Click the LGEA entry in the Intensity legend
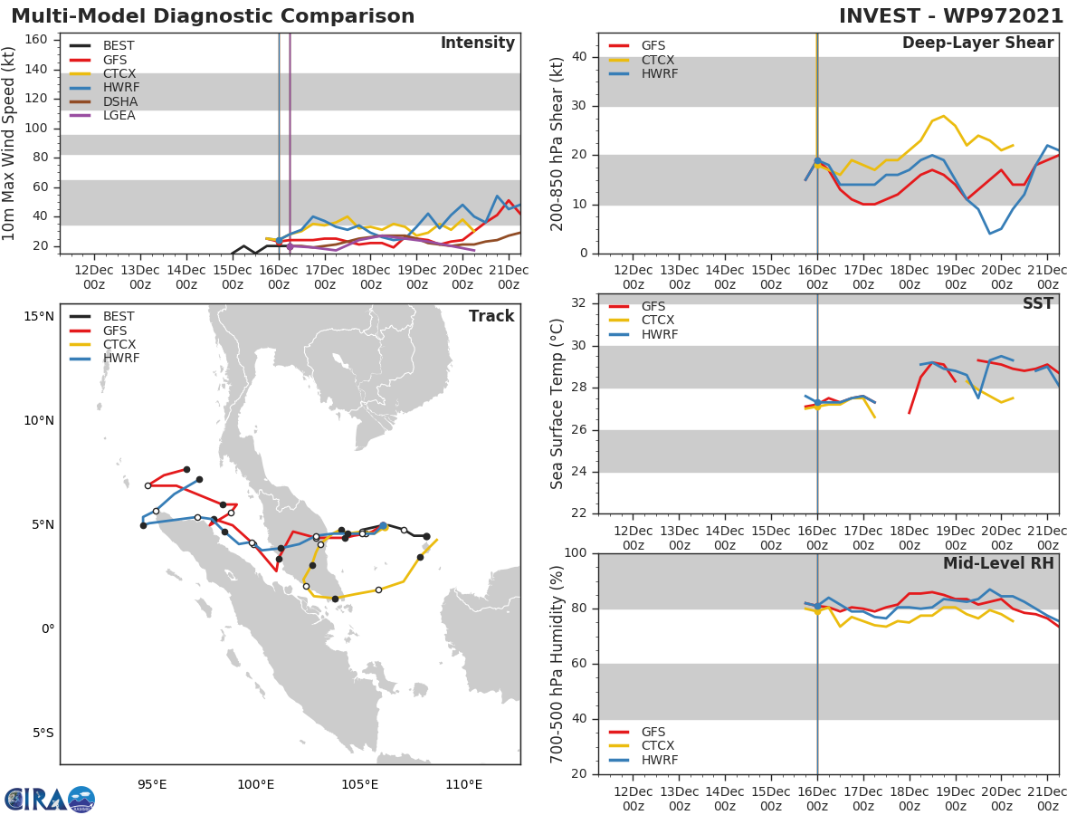click(x=119, y=115)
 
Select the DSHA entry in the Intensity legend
click(x=119, y=101)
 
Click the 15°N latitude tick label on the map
click(x=39, y=316)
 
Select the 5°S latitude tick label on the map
click(x=41, y=733)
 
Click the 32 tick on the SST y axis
click(x=580, y=303)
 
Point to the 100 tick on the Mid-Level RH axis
click(x=576, y=553)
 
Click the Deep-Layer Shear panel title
click(x=977, y=43)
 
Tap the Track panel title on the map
click(x=491, y=316)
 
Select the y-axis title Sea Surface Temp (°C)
click(x=557, y=404)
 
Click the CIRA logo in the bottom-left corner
click(x=49, y=799)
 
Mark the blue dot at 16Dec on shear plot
click(x=817, y=160)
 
